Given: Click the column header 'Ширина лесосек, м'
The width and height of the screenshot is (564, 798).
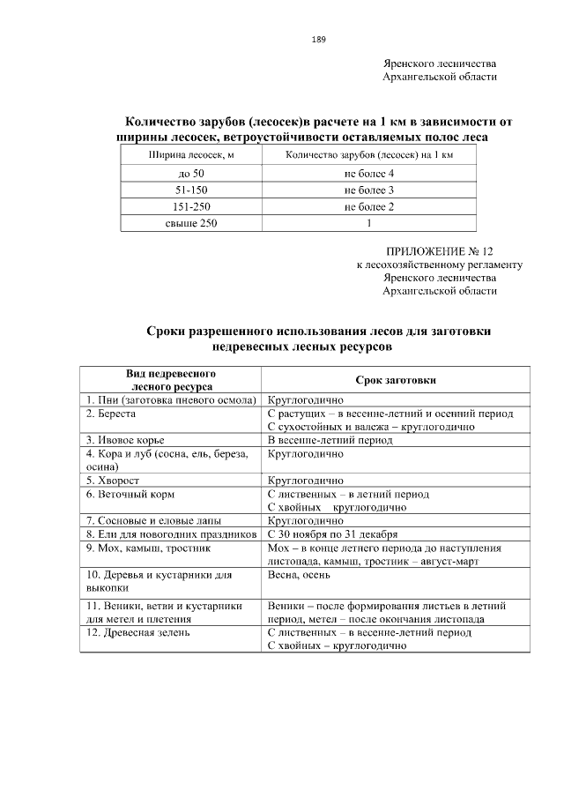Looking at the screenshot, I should (191, 155).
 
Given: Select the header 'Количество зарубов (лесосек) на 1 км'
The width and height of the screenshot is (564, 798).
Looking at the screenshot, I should (369, 155).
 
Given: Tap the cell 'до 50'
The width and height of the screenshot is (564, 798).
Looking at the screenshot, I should (191, 174).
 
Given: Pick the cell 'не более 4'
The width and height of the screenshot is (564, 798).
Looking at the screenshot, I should (369, 174).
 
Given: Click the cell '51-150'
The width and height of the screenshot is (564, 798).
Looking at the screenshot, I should (191, 190).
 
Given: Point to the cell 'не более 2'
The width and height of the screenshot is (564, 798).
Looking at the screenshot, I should (369, 207).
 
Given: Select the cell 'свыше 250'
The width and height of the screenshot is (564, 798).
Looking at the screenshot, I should (191, 224).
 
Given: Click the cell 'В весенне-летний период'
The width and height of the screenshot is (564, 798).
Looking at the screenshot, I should (330, 439).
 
